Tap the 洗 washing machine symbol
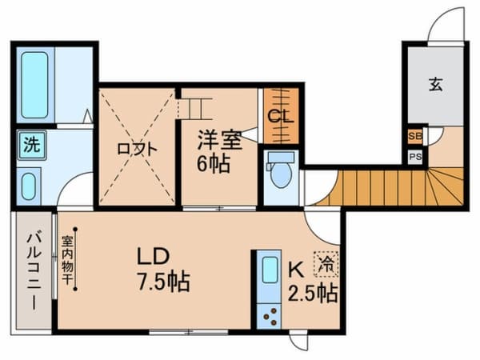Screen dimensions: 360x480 tap(30, 146)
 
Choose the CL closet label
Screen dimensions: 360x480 tap(280, 116)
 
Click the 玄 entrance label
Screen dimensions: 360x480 tap(434, 84)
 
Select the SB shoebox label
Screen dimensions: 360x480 tap(415, 137)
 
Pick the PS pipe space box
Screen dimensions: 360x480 tap(415, 157)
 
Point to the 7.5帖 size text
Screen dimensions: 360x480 tap(162, 282)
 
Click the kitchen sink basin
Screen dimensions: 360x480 tap(266, 274)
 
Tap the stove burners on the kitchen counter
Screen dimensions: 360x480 tap(266, 314)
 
